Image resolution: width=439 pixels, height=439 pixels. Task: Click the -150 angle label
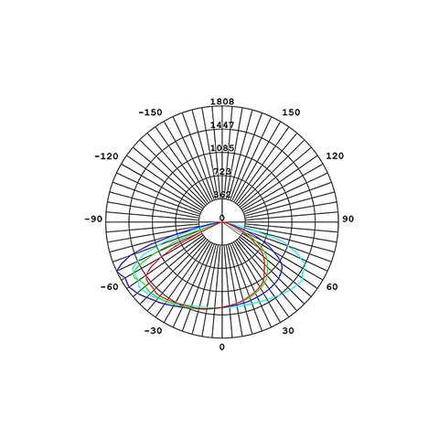150,112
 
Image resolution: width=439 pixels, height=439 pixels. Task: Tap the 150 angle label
291,112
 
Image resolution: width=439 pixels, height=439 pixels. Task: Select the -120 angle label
106,156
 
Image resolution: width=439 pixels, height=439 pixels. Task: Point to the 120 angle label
335,156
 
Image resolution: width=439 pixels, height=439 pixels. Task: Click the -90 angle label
93,219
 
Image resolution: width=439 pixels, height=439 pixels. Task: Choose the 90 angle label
348,219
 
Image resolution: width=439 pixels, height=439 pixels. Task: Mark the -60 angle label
109,287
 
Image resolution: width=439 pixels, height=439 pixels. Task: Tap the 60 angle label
332,287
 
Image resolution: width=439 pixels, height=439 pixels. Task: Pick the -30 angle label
153,331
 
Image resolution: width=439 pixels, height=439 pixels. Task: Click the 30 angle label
288,331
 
